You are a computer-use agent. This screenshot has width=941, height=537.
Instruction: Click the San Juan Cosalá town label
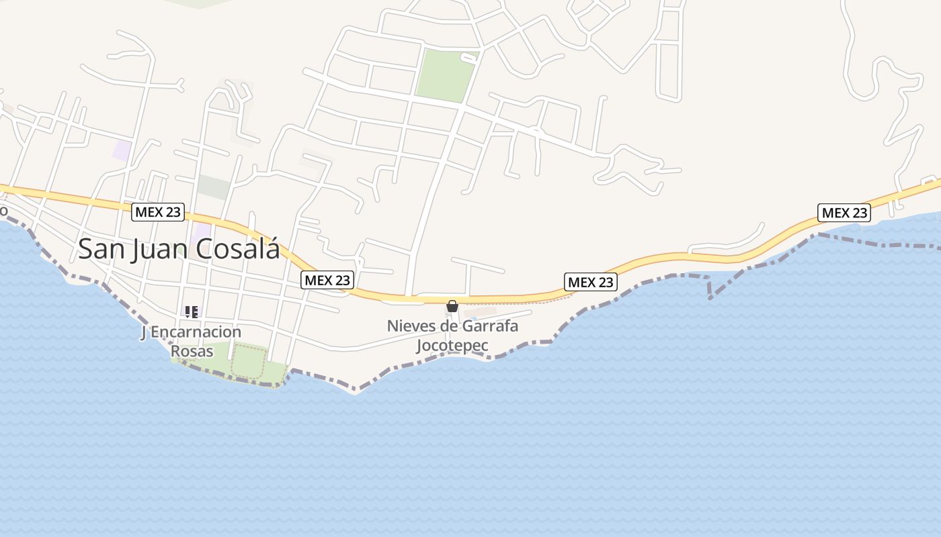click(x=179, y=248)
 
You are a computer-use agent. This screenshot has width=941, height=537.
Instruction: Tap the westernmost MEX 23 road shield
click(x=158, y=212)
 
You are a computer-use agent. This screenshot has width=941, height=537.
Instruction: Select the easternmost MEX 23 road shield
click(x=844, y=213)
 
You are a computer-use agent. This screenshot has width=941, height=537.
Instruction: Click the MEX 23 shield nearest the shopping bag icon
click(x=591, y=282)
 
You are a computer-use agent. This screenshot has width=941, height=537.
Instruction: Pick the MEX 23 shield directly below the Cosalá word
click(x=327, y=280)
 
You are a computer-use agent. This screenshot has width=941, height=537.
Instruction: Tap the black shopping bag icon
click(x=452, y=306)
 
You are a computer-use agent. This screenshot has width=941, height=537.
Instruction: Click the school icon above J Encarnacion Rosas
click(x=192, y=312)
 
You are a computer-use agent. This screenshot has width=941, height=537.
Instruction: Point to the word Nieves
click(x=410, y=326)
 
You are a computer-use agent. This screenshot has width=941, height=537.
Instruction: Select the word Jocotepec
click(x=452, y=346)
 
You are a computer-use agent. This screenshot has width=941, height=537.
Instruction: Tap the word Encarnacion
click(x=196, y=332)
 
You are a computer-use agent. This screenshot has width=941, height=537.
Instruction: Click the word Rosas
click(x=192, y=351)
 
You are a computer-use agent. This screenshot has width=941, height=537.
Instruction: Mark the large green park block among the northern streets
click(x=446, y=75)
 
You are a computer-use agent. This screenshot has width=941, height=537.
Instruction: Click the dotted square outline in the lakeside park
click(x=249, y=362)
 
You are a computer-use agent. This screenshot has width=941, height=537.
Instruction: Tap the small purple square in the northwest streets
click(x=122, y=150)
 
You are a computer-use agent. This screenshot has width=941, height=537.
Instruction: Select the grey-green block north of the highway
click(x=214, y=187)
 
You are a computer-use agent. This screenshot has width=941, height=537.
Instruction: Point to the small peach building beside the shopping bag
click(x=480, y=313)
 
